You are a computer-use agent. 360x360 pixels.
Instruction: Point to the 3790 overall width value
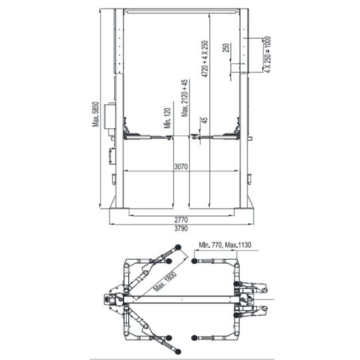pyautogui.click(x=182, y=229)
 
